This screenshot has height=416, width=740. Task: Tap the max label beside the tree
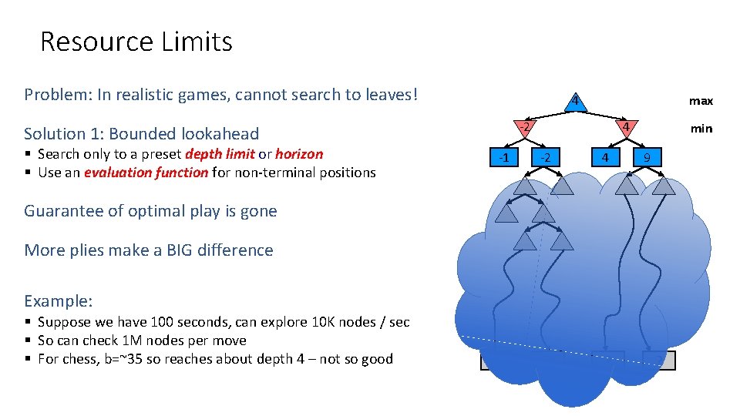point(701,101)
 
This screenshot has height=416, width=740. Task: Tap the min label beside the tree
point(701,129)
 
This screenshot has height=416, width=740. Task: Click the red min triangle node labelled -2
point(522,127)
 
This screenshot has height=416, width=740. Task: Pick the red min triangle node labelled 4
point(627,127)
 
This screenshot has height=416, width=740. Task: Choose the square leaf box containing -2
point(545,158)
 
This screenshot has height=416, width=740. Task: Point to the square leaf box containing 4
point(605,158)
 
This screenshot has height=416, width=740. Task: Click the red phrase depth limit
point(220,154)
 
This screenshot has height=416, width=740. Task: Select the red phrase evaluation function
point(146,173)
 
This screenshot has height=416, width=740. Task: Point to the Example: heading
point(59,300)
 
